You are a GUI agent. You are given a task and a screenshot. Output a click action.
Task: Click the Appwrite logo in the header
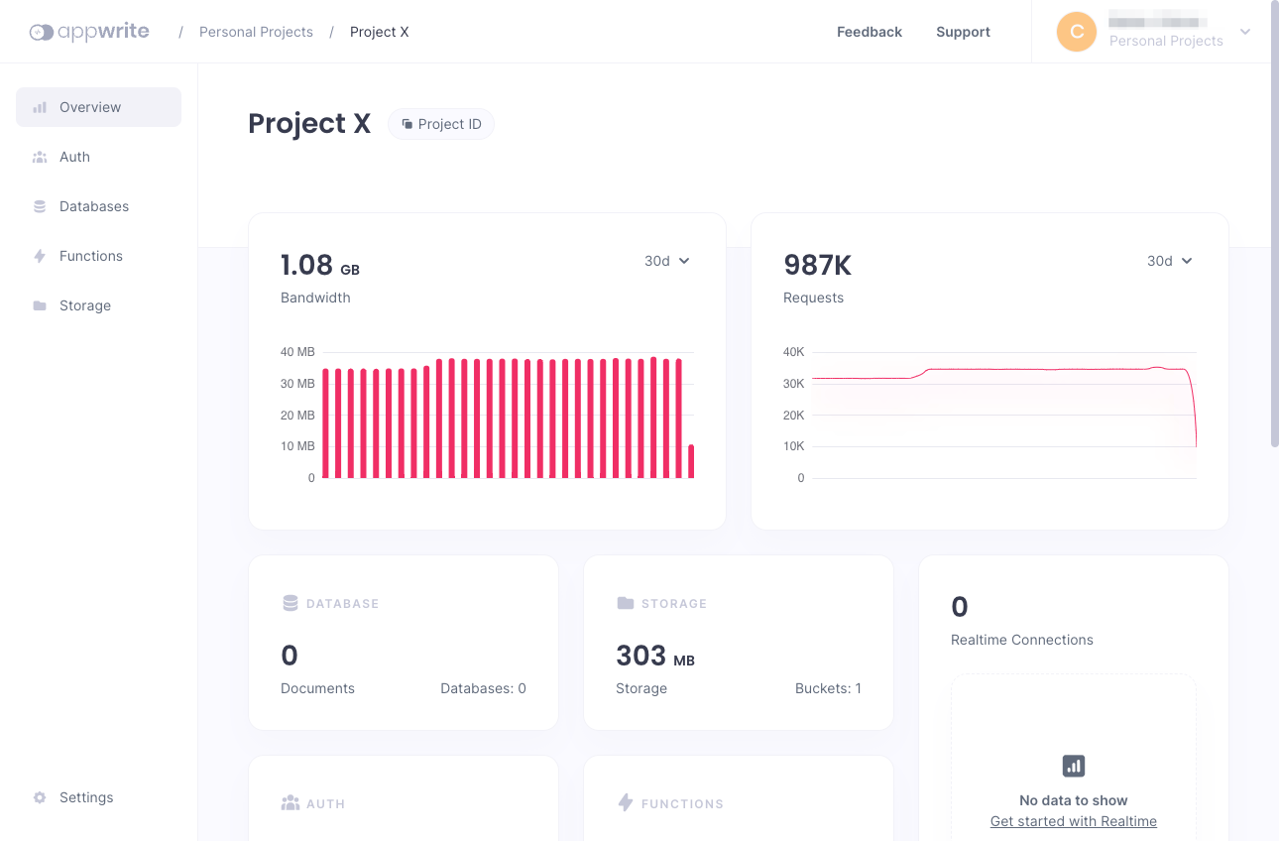(x=89, y=32)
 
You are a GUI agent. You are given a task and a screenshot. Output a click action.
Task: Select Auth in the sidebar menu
(x=74, y=157)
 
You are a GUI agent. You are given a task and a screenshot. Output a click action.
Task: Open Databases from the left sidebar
(x=93, y=206)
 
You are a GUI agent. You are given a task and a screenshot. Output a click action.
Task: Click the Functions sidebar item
(x=90, y=256)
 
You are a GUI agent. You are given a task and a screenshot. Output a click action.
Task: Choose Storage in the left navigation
(x=84, y=305)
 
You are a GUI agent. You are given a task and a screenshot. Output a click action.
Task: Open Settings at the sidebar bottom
(x=85, y=797)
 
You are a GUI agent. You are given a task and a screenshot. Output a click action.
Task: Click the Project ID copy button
(x=441, y=124)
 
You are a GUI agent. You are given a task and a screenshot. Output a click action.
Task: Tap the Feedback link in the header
(x=869, y=32)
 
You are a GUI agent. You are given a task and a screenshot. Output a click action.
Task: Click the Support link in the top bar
(x=963, y=32)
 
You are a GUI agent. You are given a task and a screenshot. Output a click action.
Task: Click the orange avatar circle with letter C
(x=1077, y=32)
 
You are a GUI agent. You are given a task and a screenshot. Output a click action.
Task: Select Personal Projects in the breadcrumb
(x=256, y=32)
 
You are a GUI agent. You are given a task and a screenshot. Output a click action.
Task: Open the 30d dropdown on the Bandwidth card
(x=666, y=261)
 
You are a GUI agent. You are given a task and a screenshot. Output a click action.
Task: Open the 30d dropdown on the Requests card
(x=1169, y=261)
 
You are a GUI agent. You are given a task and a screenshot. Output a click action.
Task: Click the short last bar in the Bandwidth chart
(x=691, y=462)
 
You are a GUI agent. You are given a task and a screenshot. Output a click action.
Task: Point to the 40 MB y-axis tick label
(x=297, y=352)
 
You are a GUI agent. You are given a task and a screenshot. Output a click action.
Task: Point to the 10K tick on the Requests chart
(x=793, y=446)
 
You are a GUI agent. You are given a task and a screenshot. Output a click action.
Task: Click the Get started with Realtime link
(x=1073, y=821)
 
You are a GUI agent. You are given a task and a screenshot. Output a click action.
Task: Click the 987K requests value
(x=817, y=265)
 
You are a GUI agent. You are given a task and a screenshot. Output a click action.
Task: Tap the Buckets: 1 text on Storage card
(x=828, y=688)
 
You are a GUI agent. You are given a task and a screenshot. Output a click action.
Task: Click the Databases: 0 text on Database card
(x=483, y=688)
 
